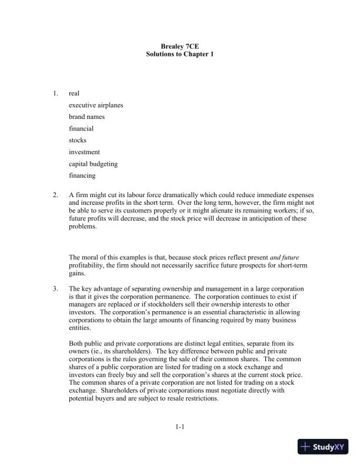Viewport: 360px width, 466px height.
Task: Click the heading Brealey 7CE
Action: [x=180, y=46]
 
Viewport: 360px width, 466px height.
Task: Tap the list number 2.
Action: [x=55, y=195]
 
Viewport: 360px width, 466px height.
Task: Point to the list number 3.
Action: [x=55, y=289]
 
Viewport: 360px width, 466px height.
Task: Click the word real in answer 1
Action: [x=74, y=93]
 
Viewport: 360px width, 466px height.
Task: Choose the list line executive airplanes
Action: [x=96, y=105]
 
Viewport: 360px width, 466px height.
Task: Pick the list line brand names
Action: [x=86, y=116]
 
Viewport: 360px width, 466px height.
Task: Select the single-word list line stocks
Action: [x=78, y=140]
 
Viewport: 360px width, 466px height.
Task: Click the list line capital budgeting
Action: [x=93, y=164]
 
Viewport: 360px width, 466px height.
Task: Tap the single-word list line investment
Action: [x=85, y=152]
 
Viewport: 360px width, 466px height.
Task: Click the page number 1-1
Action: [x=180, y=427]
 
